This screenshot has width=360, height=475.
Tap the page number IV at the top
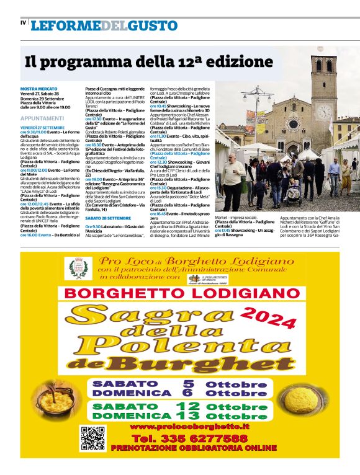pos(24,23)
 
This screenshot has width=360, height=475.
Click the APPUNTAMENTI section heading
pos(42,118)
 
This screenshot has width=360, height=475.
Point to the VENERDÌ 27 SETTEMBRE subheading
pos(43,128)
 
